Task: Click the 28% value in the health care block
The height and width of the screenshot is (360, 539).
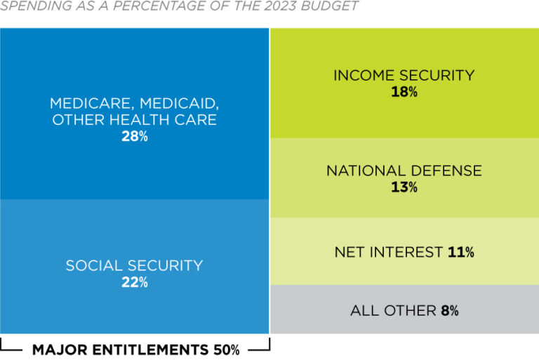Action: point(134,137)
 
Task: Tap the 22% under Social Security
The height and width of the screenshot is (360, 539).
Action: point(134,282)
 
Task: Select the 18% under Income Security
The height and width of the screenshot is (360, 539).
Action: point(404,92)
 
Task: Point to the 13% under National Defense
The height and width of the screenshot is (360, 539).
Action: point(404,187)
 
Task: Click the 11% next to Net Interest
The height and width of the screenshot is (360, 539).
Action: point(461,252)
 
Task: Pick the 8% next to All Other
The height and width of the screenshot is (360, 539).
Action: point(450,310)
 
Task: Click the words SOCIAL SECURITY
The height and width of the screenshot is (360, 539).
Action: point(134,266)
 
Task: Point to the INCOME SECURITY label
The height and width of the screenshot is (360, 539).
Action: point(404,75)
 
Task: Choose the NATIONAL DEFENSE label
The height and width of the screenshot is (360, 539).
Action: point(404,171)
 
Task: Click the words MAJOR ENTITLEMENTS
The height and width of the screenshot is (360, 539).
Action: point(120,349)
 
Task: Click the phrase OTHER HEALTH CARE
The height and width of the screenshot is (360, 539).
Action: point(134,120)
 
